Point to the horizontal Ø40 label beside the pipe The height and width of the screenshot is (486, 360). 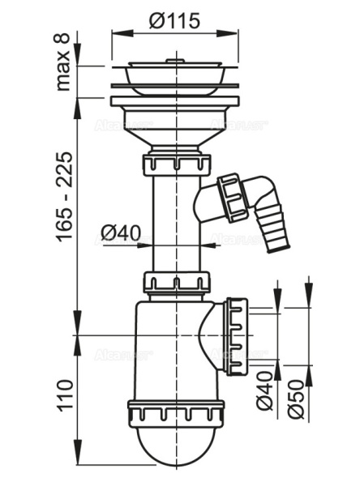point(121,234)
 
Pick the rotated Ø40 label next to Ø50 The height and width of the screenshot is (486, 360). point(266,392)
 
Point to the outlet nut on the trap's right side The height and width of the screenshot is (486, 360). point(237,335)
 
